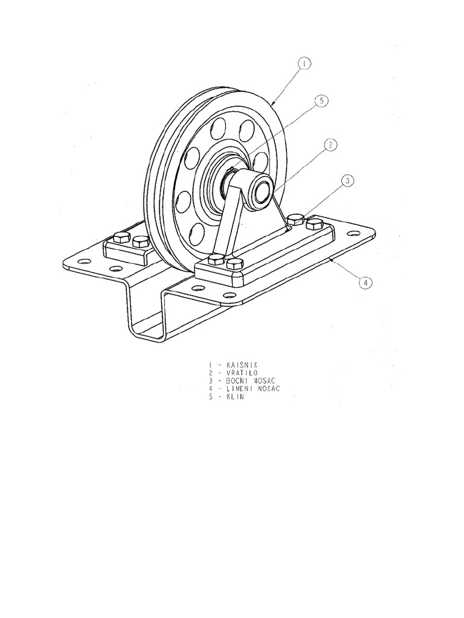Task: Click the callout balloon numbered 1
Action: (x=304, y=63)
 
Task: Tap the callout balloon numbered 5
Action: (x=321, y=101)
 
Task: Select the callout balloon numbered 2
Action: (x=330, y=145)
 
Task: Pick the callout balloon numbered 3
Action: (x=347, y=181)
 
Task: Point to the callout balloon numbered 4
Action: (x=366, y=282)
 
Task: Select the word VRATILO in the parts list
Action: (x=242, y=373)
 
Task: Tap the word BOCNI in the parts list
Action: (x=237, y=381)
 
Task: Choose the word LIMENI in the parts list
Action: (x=239, y=389)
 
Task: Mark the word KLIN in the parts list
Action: (x=235, y=397)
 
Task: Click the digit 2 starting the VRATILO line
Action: (x=211, y=373)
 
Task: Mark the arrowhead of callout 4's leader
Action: (x=331, y=260)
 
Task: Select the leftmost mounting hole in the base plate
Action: (x=83, y=261)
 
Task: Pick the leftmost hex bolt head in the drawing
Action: (x=121, y=237)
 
